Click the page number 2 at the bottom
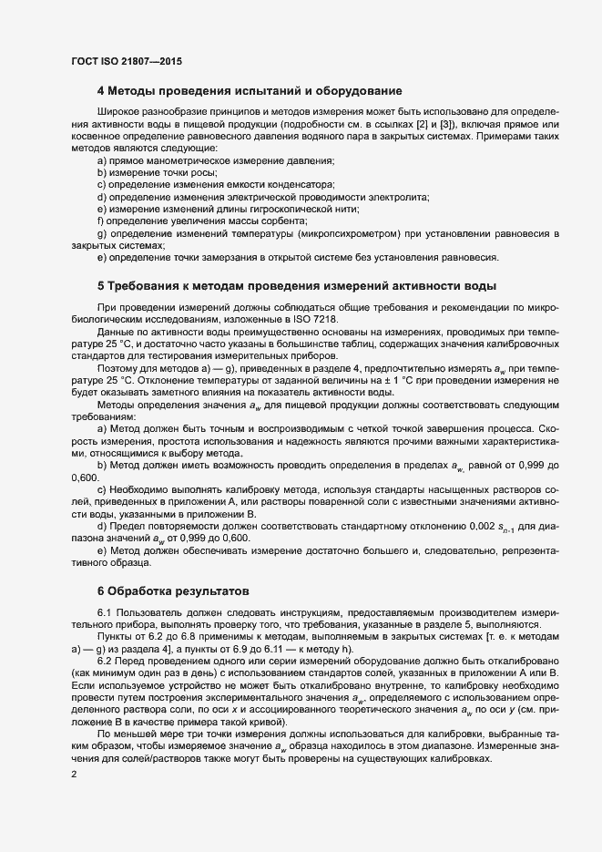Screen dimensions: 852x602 click(x=73, y=775)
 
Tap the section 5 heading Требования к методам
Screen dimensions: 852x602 click(x=296, y=284)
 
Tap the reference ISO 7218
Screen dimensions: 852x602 click(x=315, y=318)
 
